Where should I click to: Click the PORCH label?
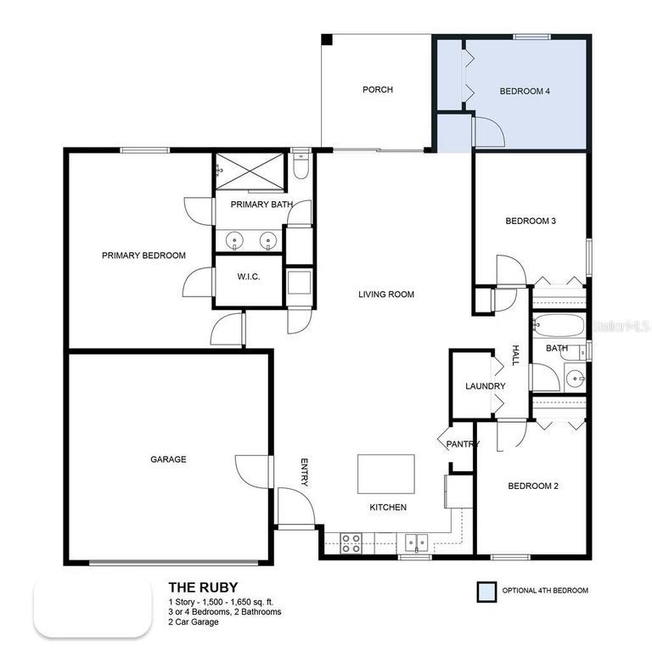(x=378, y=90)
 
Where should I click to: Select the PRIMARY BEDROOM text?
(x=143, y=256)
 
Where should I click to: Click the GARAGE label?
(x=168, y=459)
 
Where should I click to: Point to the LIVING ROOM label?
(x=385, y=295)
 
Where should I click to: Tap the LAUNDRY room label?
(x=486, y=386)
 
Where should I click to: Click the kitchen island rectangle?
(x=386, y=474)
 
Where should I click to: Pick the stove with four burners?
(x=351, y=542)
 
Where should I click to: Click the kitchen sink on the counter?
(x=415, y=542)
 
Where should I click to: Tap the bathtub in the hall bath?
(x=558, y=327)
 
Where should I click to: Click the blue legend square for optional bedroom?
(x=486, y=591)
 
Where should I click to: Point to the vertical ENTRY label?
(x=304, y=473)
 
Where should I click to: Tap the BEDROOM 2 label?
(x=532, y=486)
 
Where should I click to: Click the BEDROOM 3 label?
(x=531, y=222)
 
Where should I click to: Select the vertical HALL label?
(x=514, y=356)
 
